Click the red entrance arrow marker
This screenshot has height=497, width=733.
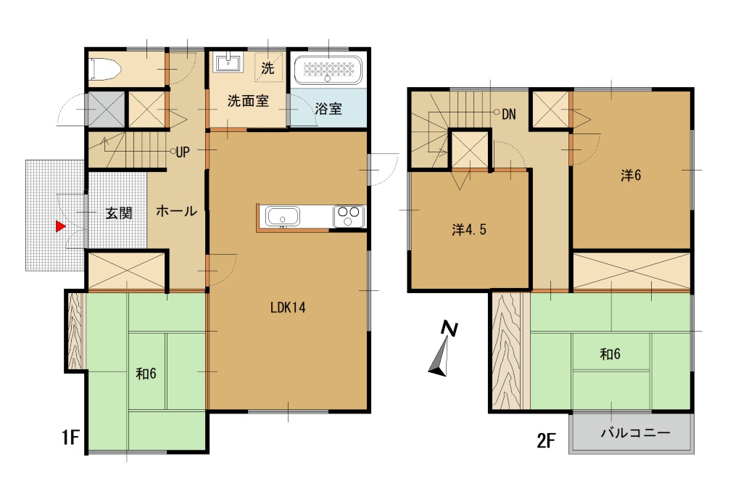tap(60, 226)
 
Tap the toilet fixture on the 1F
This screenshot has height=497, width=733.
tap(104, 69)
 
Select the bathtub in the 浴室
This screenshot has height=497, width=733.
tap(328, 70)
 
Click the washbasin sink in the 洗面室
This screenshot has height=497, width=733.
tap(228, 62)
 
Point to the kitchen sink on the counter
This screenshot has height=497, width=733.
tap(282, 217)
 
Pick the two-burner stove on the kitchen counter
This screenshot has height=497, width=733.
tap(349, 216)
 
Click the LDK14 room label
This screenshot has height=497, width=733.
tap(288, 308)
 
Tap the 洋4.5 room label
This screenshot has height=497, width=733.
tap(469, 229)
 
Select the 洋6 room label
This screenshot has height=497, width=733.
tap(631, 176)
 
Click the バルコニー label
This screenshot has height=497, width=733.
tap(635, 433)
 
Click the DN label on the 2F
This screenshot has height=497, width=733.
tap(509, 114)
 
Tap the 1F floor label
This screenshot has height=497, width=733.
tap(70, 438)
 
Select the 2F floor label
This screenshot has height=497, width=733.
tap(546, 440)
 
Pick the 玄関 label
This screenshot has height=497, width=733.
tap(119, 213)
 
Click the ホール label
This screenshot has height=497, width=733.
tap(176, 211)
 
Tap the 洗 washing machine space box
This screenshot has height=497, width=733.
tap(268, 67)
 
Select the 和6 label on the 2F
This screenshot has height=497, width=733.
tap(610, 354)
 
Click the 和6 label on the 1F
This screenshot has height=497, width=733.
tap(146, 374)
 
